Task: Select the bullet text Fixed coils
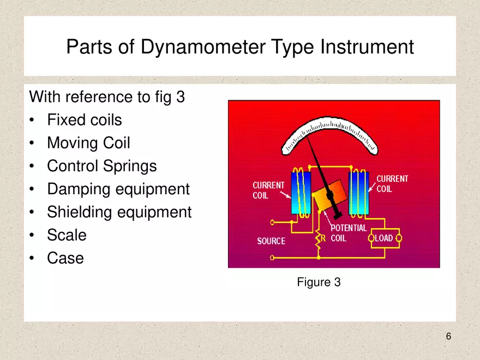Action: click(x=84, y=120)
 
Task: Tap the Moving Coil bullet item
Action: click(x=88, y=143)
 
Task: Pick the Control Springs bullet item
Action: click(x=101, y=166)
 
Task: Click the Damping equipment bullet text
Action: click(x=118, y=189)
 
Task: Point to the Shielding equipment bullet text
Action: click(x=119, y=212)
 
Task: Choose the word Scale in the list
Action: click(x=67, y=235)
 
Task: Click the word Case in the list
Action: click(x=65, y=258)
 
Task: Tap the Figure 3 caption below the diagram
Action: click(x=319, y=283)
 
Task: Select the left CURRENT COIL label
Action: click(x=268, y=190)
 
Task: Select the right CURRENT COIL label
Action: click(x=392, y=184)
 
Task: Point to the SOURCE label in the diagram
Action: click(x=271, y=241)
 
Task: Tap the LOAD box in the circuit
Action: click(x=385, y=238)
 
